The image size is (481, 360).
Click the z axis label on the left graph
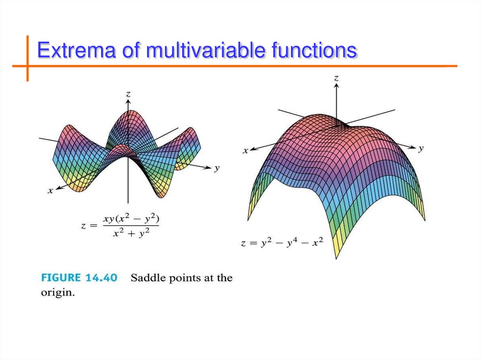(x=128, y=94)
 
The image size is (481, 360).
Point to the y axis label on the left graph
(x=217, y=168)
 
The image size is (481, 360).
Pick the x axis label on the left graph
(x=50, y=191)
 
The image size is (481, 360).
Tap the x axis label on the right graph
(x=245, y=151)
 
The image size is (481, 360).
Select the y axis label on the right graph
(x=421, y=148)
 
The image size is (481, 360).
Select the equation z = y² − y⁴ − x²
(x=281, y=244)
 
